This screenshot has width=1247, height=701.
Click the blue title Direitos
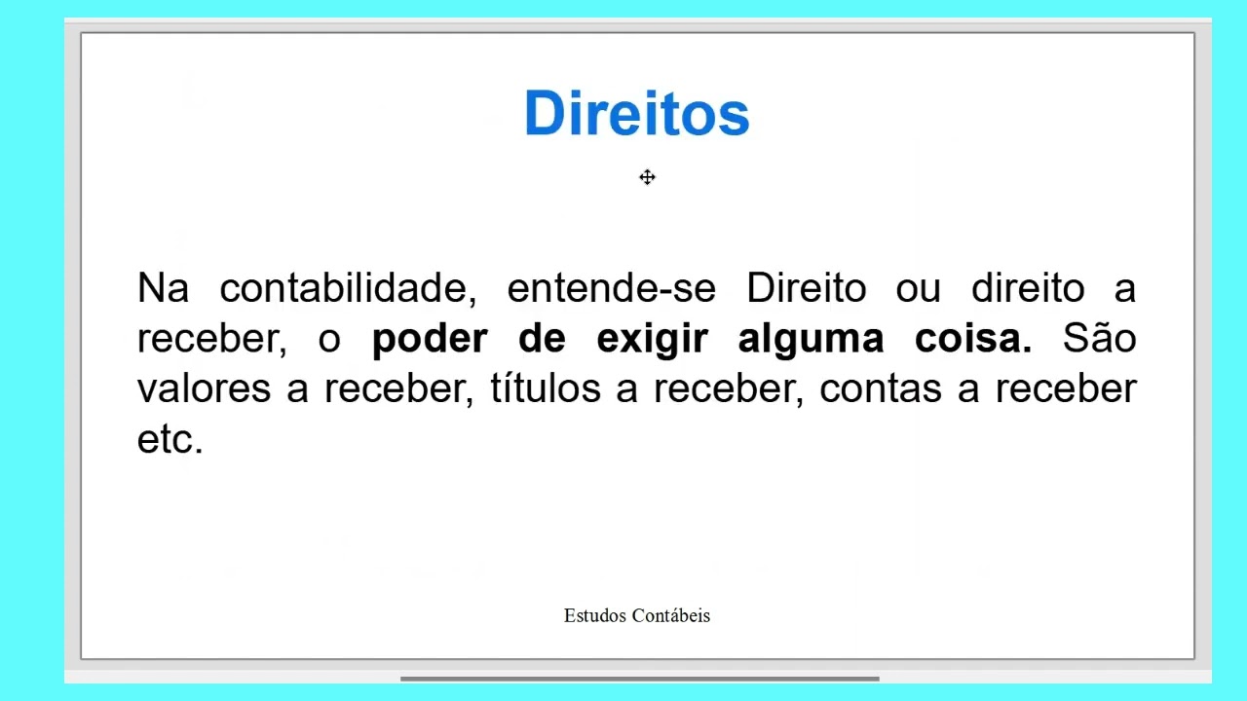(x=636, y=114)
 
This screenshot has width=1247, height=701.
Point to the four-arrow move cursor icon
(x=648, y=177)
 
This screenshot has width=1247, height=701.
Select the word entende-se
(x=611, y=289)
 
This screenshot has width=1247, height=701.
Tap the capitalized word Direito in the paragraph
(x=806, y=289)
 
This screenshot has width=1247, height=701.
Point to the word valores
(x=203, y=389)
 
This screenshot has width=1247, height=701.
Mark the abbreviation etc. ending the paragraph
(x=170, y=440)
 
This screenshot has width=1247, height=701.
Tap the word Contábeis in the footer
(x=671, y=615)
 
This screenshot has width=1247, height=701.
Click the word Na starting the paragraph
(x=163, y=289)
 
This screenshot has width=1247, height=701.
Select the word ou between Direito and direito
(x=918, y=289)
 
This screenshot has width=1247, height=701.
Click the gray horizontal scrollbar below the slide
(x=639, y=679)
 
